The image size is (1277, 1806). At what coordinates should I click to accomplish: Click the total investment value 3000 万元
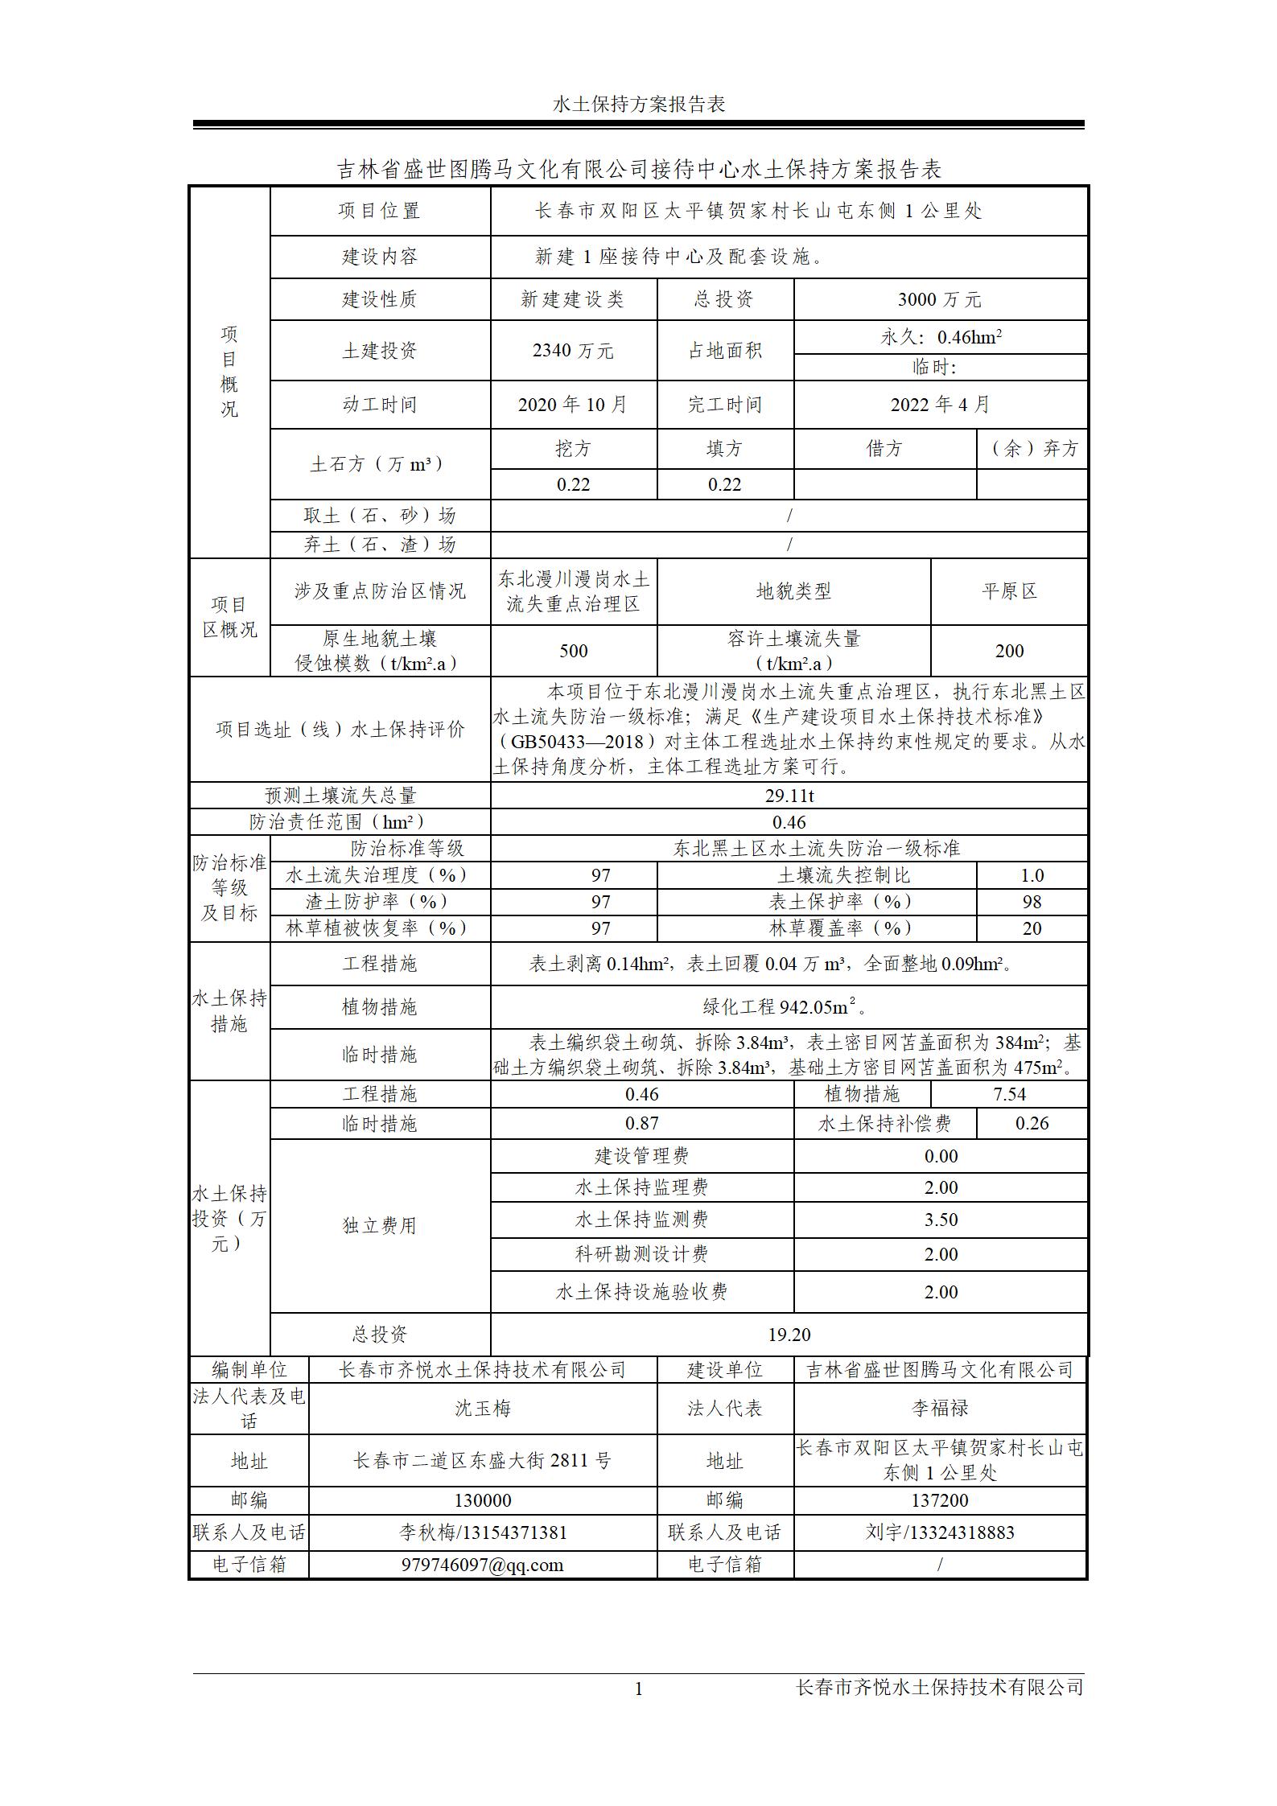click(939, 300)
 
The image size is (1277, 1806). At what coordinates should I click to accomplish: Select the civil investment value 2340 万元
click(573, 351)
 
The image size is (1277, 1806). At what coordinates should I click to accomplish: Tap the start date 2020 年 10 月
click(572, 405)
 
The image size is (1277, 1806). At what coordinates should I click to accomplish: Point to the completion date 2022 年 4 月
click(939, 405)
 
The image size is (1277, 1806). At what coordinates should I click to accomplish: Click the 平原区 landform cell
click(1009, 591)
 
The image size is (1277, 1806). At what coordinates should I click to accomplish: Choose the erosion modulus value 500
click(573, 651)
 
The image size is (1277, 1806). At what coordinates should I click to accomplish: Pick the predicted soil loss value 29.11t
click(789, 796)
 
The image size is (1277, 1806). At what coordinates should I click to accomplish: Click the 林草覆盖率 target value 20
click(1032, 928)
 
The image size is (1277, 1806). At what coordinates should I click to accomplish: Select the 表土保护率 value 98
click(1032, 902)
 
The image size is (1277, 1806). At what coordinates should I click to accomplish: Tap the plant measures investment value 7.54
click(1009, 1094)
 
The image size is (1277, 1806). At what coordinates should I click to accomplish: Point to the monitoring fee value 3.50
click(940, 1220)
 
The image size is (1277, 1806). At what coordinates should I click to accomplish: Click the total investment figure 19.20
click(789, 1335)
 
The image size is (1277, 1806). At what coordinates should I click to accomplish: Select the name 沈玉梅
click(482, 1408)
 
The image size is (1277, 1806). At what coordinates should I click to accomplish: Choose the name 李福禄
click(939, 1408)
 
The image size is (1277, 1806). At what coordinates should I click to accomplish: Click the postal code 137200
click(939, 1500)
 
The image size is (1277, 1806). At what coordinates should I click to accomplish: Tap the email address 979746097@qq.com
click(482, 1564)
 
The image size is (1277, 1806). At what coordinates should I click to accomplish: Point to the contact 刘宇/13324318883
click(939, 1532)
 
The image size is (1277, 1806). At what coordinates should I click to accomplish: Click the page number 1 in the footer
click(639, 1689)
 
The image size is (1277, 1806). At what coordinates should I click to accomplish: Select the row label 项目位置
click(379, 211)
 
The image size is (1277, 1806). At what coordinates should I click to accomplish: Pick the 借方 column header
click(884, 449)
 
